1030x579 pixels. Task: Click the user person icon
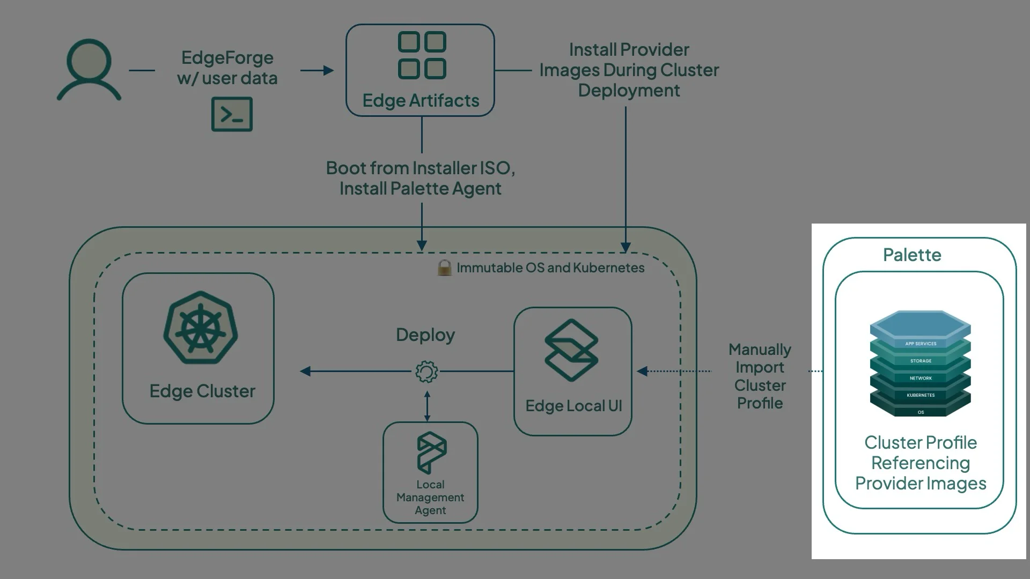point(89,70)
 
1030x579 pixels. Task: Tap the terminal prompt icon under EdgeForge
point(232,114)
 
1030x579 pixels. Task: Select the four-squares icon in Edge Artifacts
point(422,55)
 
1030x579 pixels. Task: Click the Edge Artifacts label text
point(421,101)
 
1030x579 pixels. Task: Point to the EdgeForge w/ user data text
point(227,68)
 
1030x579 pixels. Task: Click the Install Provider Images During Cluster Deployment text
point(629,70)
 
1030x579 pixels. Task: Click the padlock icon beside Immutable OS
point(444,268)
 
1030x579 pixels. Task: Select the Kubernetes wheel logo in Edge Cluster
point(200,328)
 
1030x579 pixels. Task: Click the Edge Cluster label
point(202,391)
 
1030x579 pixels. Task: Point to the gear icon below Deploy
point(426,372)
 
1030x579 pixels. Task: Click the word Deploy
point(425,335)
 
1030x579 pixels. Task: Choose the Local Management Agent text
point(430,498)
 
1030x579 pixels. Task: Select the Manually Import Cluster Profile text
point(760,376)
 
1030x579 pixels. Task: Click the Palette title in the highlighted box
point(912,255)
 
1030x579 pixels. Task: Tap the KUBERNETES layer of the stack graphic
point(921,395)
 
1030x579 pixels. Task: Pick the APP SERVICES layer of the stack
point(921,344)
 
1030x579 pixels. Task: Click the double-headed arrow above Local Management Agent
point(427,406)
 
